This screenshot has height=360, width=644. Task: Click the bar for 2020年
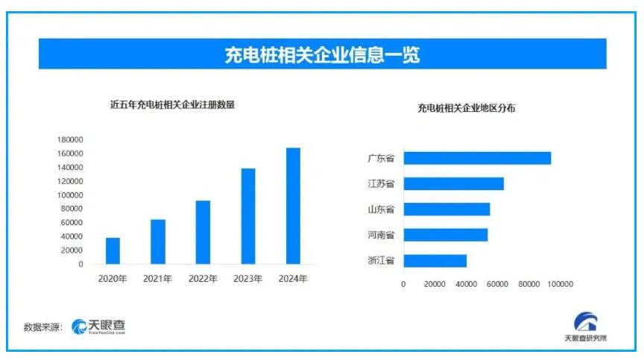pyautogui.click(x=113, y=250)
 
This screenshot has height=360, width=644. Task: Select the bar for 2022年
pyautogui.click(x=203, y=232)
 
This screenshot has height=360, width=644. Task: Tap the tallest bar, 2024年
pyautogui.click(x=293, y=206)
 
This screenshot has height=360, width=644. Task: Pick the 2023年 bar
pyautogui.click(x=247, y=216)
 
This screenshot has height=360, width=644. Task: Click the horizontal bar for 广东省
pyautogui.click(x=477, y=158)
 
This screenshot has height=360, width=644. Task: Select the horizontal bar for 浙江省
pyautogui.click(x=435, y=261)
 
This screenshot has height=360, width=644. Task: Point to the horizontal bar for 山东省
pyautogui.click(x=446, y=209)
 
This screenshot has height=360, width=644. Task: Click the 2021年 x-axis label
pyautogui.click(x=157, y=279)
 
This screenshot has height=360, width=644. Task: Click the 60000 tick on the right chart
pyautogui.click(x=497, y=284)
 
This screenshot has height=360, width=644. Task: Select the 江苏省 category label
pyautogui.click(x=381, y=183)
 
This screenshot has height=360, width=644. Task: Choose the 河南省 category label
pyautogui.click(x=381, y=235)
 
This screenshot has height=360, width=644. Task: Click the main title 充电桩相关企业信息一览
pyautogui.click(x=322, y=55)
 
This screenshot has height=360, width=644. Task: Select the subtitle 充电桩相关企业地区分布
pyautogui.click(x=467, y=108)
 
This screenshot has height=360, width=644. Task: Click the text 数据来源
pyautogui.click(x=42, y=327)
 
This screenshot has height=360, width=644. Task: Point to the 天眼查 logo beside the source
pyautogui.click(x=99, y=326)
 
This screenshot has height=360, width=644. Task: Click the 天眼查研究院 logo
pyautogui.click(x=586, y=328)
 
